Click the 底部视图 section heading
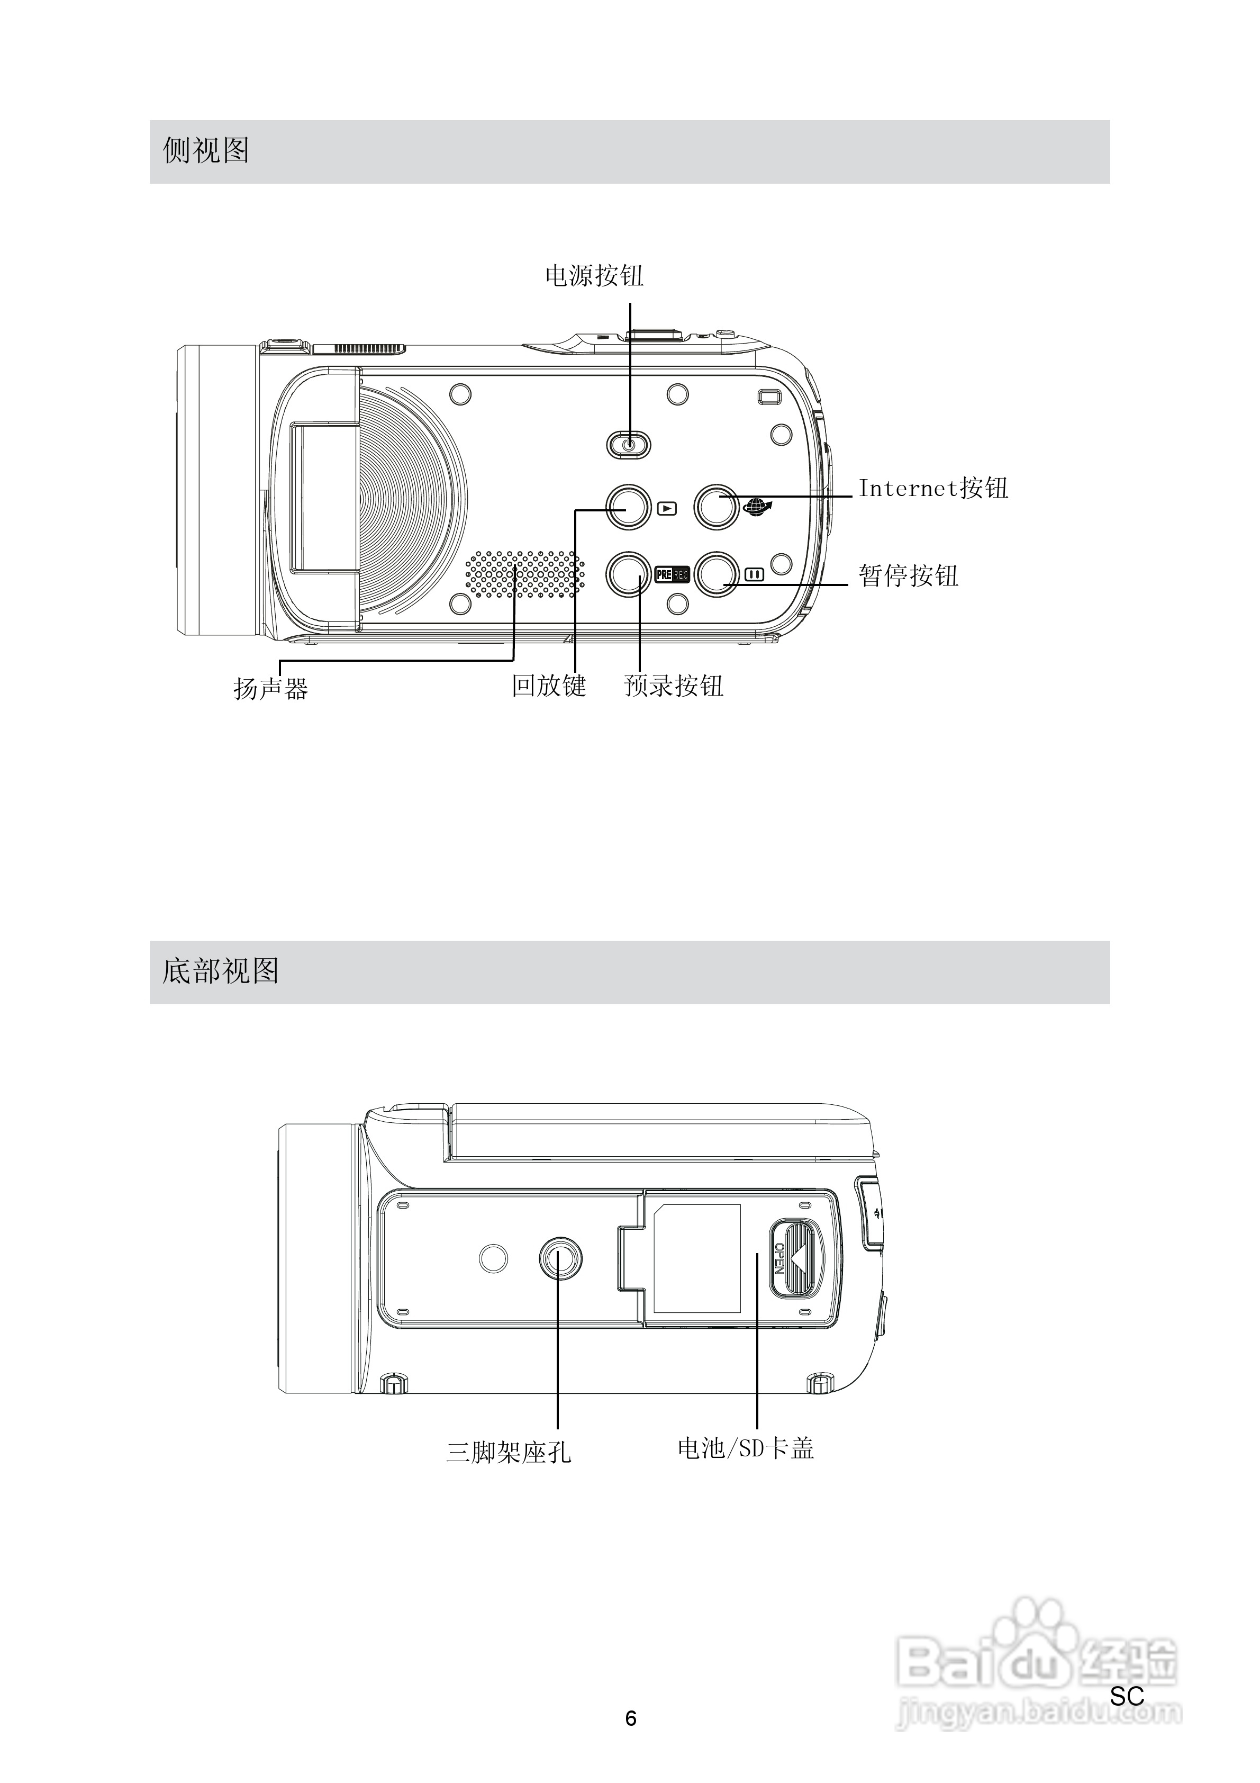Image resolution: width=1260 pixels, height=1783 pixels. [221, 971]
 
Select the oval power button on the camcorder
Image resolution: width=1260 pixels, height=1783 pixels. [628, 444]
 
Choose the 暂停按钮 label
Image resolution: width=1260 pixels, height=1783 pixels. [908, 575]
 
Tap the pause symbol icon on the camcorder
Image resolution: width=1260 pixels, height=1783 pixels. [754, 575]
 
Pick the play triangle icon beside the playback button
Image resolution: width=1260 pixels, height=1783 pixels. [667, 509]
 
